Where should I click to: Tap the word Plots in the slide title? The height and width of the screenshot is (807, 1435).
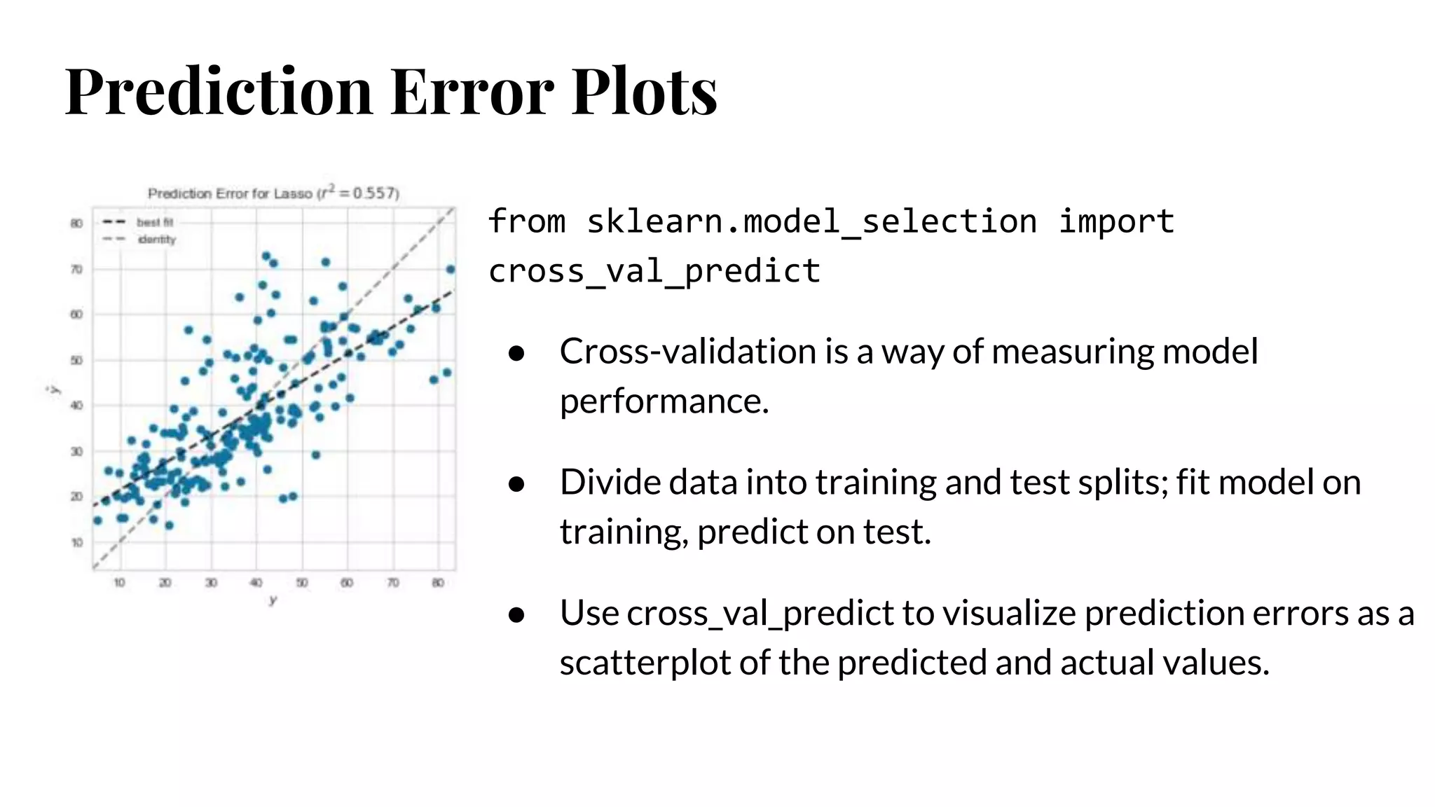click(644, 91)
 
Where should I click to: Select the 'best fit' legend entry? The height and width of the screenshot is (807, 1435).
click(154, 222)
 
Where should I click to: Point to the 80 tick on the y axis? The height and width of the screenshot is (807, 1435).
click(76, 223)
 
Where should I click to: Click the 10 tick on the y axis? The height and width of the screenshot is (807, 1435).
click(76, 542)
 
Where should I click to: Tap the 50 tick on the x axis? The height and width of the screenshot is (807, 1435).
click(301, 583)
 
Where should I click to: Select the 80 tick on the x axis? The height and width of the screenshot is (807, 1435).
click(438, 583)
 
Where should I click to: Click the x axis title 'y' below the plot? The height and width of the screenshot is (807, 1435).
click(273, 600)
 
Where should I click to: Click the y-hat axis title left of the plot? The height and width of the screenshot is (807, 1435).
click(54, 389)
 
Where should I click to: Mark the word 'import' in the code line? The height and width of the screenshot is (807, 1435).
click(1115, 222)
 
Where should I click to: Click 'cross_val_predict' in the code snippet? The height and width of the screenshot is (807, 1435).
click(654, 271)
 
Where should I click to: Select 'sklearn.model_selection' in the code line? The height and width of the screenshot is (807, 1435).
click(811, 222)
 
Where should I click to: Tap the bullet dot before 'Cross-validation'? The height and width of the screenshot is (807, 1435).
click(516, 353)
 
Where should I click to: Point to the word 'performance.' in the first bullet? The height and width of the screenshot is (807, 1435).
click(664, 401)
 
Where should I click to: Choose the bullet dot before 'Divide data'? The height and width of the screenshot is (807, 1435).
click(516, 483)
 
